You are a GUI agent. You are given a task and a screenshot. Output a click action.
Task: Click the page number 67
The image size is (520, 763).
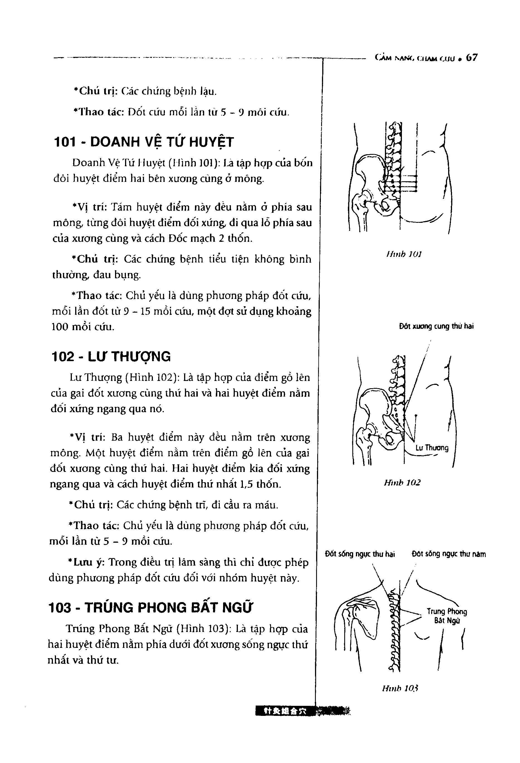point(472,58)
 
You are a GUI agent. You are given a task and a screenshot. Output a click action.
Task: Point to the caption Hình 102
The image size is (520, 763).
point(402,483)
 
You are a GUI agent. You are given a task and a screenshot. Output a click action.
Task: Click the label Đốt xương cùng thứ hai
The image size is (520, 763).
point(436,327)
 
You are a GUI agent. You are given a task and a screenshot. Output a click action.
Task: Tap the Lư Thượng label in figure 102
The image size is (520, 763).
point(432,448)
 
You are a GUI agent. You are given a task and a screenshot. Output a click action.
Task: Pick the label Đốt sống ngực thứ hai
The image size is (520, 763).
point(360,554)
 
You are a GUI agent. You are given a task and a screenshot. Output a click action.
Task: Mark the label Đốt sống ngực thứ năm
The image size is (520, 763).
point(448,554)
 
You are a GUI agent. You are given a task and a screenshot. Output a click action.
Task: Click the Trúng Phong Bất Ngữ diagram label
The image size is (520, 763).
point(446,616)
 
